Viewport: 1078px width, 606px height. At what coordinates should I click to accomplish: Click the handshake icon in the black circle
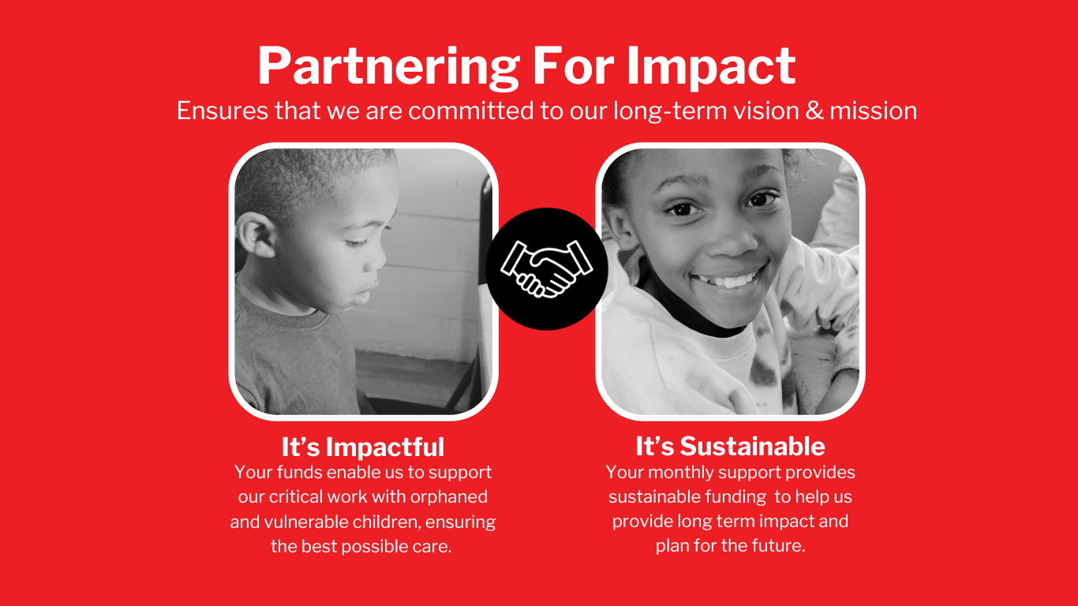coord(546,268)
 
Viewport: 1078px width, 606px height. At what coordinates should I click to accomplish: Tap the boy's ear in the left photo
coord(255,236)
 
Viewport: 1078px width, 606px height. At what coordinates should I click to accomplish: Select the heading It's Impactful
coord(363,447)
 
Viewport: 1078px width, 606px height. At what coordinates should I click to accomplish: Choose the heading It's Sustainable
coord(730,447)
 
